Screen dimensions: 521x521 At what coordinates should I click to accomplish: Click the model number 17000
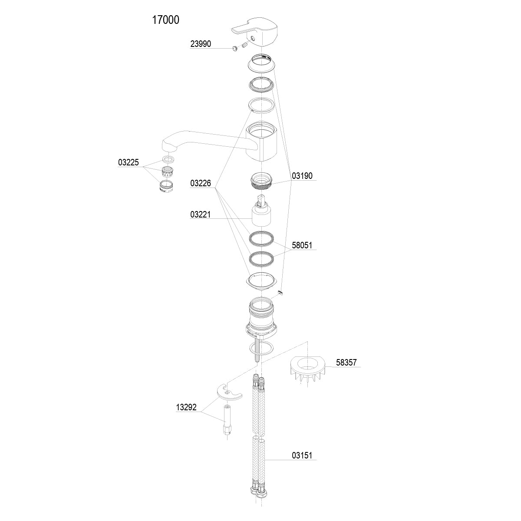coord(165,20)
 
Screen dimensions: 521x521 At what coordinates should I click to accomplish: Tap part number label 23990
coord(201,44)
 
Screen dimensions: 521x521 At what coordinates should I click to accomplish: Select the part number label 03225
coord(128,163)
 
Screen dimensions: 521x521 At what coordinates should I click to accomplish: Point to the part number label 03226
coord(201,184)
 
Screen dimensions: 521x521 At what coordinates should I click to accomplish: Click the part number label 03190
coord(302,176)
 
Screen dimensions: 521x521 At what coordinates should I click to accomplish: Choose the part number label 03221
coord(201,214)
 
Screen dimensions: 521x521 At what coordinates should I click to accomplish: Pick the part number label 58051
coord(302,246)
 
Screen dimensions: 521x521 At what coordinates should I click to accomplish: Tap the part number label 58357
coord(346,363)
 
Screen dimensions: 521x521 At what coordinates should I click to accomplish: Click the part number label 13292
coord(186,408)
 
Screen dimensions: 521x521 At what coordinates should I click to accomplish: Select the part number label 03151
coord(302,456)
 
